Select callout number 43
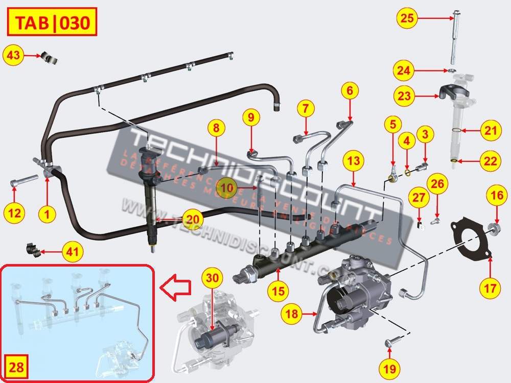point(14,55)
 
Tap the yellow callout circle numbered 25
point(407,18)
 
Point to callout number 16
point(498,195)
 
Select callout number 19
point(389,367)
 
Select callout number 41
point(73,251)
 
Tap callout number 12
point(15,212)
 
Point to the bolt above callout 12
point(22,180)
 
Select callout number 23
point(404,95)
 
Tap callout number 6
point(350,91)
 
